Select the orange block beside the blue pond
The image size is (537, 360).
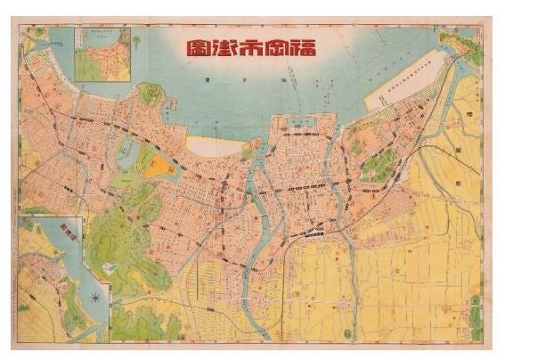(x=158, y=166)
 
